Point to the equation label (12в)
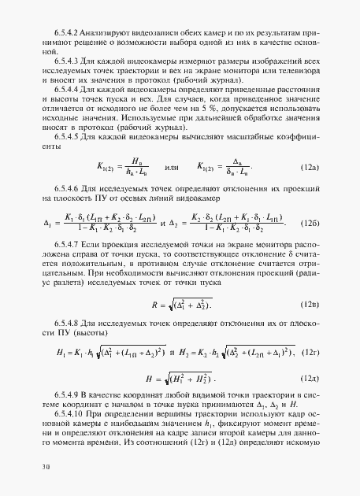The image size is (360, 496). [310, 303]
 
